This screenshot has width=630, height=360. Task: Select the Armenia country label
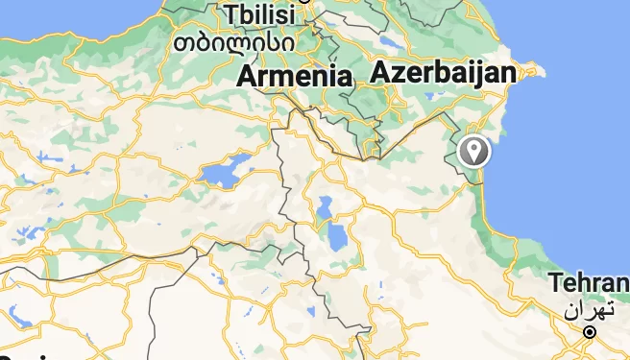(x=294, y=76)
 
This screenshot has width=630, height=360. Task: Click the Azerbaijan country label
(x=443, y=72)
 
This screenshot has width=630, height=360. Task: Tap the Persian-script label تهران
(x=588, y=310)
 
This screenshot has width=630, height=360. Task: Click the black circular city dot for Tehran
(x=590, y=332)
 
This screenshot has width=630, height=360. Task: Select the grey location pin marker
(x=473, y=151)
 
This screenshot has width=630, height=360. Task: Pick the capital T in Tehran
(x=556, y=283)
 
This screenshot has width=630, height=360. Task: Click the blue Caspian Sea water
(x=576, y=144)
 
